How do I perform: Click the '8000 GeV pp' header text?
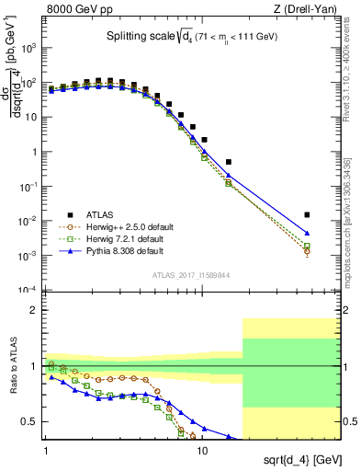pos(78,11)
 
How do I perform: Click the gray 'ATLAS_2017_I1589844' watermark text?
pos(191,274)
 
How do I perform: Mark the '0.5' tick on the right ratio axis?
pos(348,421)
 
